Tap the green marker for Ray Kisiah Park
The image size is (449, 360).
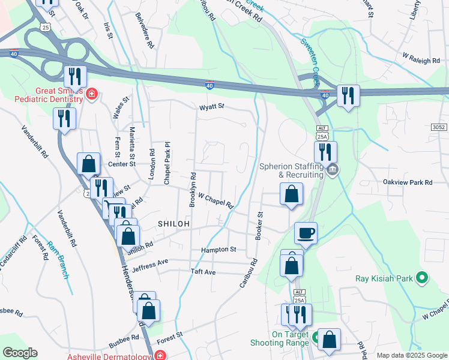[x=422, y=278]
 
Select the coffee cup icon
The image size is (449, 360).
[x=306, y=232]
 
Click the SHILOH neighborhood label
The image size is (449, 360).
[x=174, y=224]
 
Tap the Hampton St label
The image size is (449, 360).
[x=219, y=249]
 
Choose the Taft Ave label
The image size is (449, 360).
[x=202, y=272]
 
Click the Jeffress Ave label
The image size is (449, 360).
[x=151, y=263]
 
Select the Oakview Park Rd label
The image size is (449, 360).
[x=408, y=182]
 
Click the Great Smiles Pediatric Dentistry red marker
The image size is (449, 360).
[x=91, y=94]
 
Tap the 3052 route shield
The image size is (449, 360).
[x=439, y=127]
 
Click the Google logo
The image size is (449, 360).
[x=20, y=353]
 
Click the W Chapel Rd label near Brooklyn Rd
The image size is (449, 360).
[x=215, y=200]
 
